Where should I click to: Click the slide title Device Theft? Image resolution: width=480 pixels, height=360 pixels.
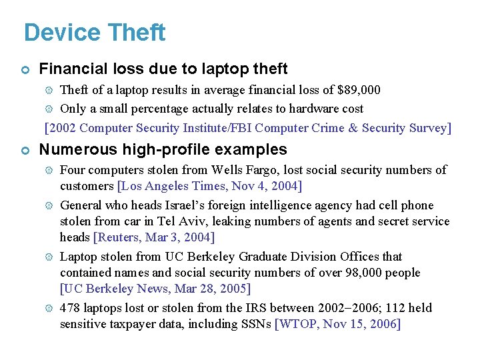(94, 33)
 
